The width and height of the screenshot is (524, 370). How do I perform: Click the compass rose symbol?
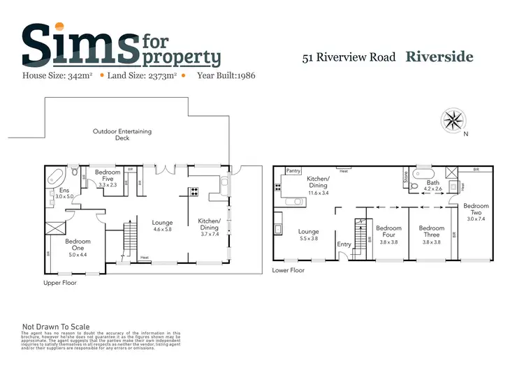tap(453, 120)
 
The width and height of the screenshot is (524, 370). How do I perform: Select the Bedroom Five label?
tap(108, 175)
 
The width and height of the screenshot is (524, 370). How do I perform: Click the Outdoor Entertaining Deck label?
tap(122, 135)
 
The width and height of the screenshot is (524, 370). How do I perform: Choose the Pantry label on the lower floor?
tap(294, 170)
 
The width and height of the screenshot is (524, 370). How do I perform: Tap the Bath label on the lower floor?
tap(433, 184)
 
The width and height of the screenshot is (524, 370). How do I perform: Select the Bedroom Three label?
tap(431, 232)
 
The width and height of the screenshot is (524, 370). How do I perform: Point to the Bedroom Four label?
tap(388, 232)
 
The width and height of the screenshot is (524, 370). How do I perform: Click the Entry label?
tap(344, 244)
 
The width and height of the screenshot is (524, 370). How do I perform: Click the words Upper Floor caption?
tap(61, 283)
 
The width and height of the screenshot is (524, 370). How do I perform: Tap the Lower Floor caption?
tap(289, 270)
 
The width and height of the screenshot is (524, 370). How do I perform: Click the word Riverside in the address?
tap(439, 57)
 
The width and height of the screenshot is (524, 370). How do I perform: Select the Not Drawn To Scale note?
tap(56, 326)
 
